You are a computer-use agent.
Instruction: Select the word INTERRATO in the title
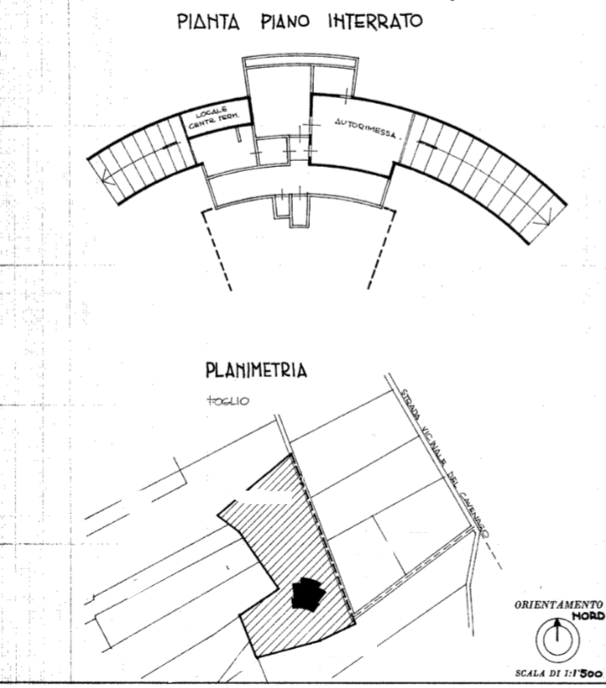coord(369,21)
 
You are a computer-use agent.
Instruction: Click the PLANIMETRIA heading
coord(255,372)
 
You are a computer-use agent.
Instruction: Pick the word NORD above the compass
coord(588,616)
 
